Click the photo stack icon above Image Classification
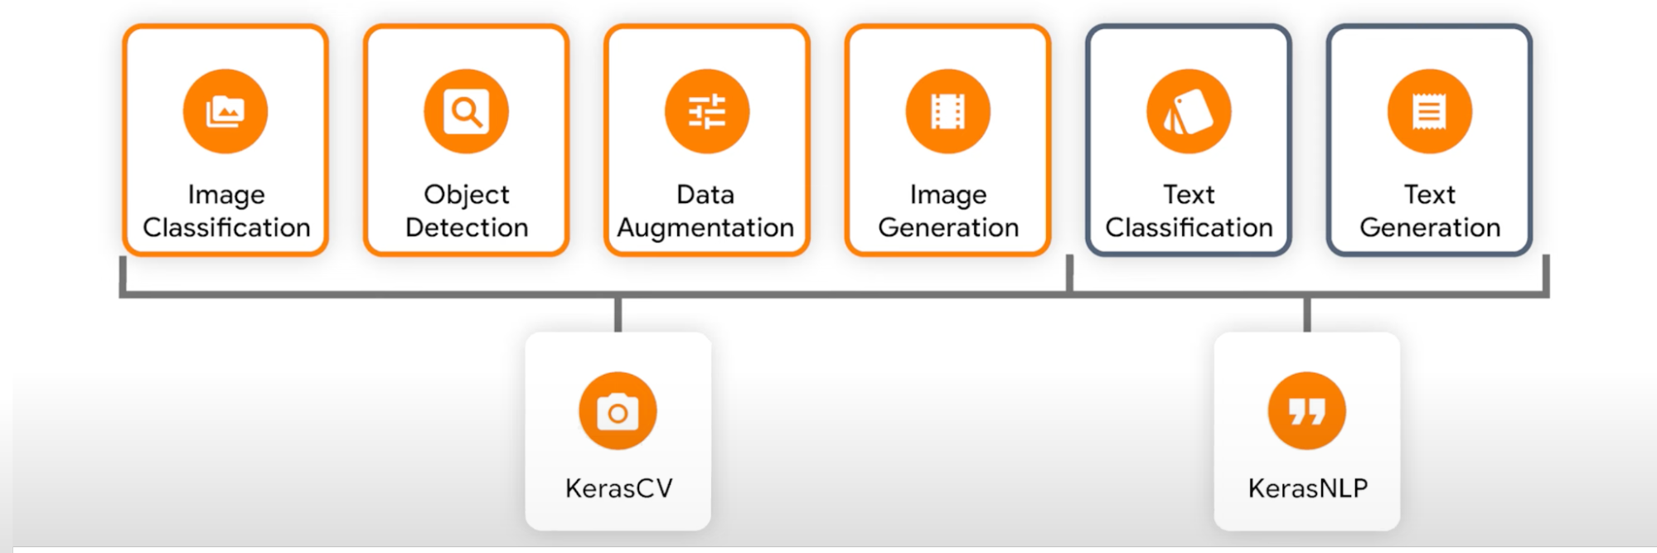tap(225, 111)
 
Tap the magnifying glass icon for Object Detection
tap(466, 111)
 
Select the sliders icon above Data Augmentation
tap(707, 111)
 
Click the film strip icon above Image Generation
tap(948, 111)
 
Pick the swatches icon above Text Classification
tap(1189, 111)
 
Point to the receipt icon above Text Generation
tap(1430, 111)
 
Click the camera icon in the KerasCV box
tap(618, 411)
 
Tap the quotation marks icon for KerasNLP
tap(1307, 411)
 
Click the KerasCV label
tap(618, 488)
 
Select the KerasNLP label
tap(1308, 488)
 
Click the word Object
tap(467, 195)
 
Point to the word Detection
tap(467, 227)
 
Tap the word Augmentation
tap(705, 228)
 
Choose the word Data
tap(705, 194)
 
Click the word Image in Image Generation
tap(948, 195)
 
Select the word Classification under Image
tap(226, 227)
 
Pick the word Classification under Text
tap(1189, 227)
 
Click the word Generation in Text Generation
tap(1430, 227)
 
